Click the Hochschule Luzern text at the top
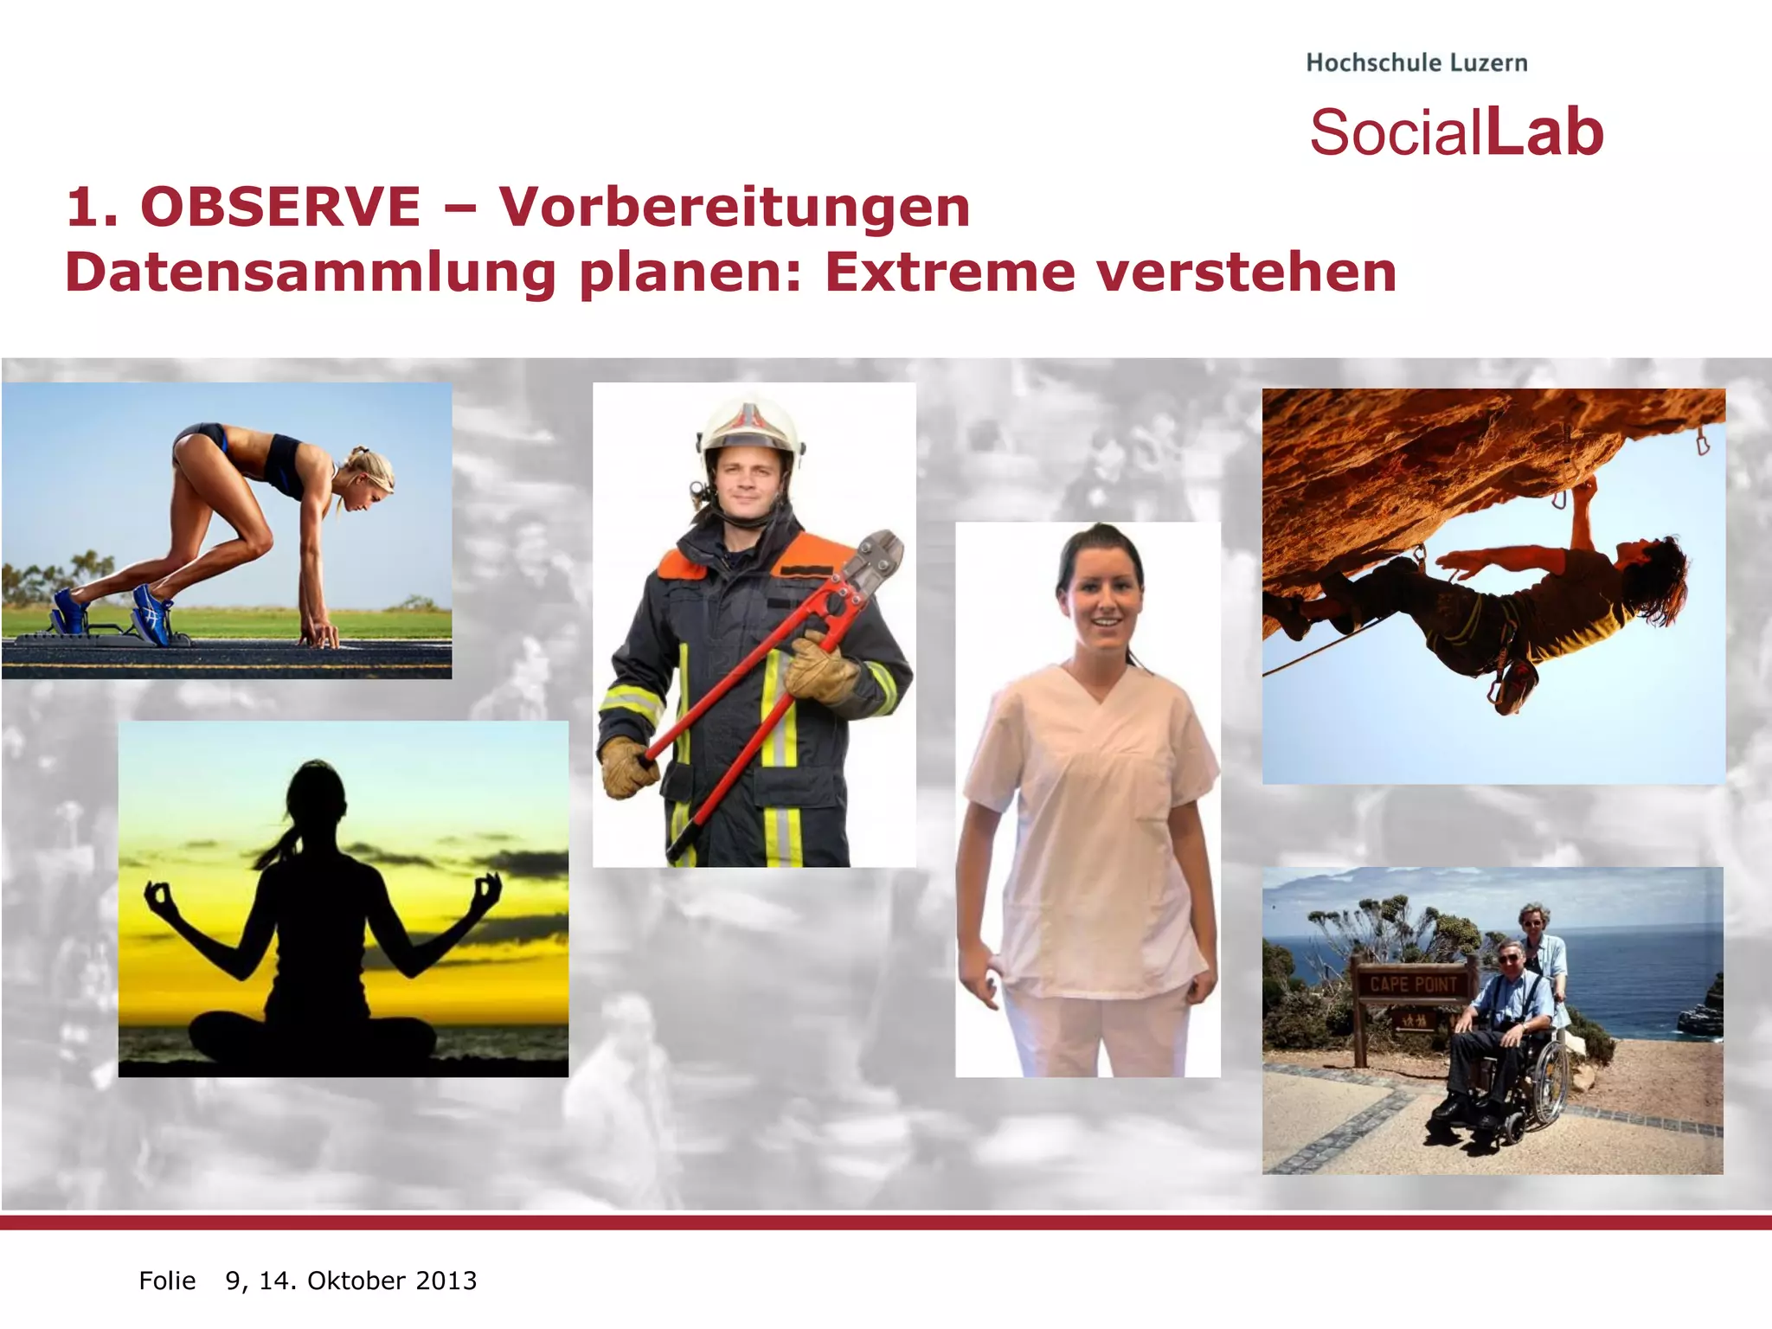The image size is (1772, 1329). [x=1416, y=63]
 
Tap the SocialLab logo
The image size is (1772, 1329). [x=1456, y=133]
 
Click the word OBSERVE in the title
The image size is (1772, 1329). [x=280, y=208]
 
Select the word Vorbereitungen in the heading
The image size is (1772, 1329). [x=734, y=208]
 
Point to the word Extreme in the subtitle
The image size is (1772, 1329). [x=948, y=273]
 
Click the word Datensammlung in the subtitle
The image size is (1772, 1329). [x=310, y=273]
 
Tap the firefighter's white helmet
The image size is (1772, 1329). [x=750, y=426]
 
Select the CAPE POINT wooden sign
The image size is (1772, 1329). [x=1414, y=985]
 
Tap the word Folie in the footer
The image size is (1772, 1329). [x=167, y=1281]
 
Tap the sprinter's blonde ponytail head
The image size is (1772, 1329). [x=370, y=474]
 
